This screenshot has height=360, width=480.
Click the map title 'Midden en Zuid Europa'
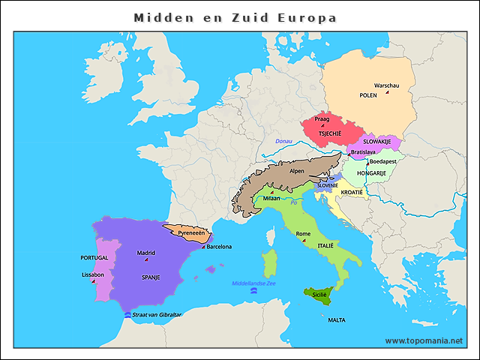point(235,16)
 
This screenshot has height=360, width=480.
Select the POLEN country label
point(368,96)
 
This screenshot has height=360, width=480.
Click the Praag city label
point(322,118)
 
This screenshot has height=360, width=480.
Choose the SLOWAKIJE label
point(377,141)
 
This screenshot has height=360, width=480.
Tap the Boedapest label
point(382,161)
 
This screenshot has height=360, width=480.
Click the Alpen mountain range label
point(297,171)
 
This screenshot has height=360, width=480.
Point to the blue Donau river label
point(283,141)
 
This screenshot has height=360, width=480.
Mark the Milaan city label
point(271,199)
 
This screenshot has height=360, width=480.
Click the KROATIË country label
point(352,193)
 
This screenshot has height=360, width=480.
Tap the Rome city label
point(303,234)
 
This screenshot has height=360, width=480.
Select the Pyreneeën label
point(190,233)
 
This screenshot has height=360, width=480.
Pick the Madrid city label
point(146,253)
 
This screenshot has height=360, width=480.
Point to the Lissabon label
point(92,274)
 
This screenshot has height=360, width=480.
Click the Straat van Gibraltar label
point(157,314)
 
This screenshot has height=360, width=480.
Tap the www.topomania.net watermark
point(424,340)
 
